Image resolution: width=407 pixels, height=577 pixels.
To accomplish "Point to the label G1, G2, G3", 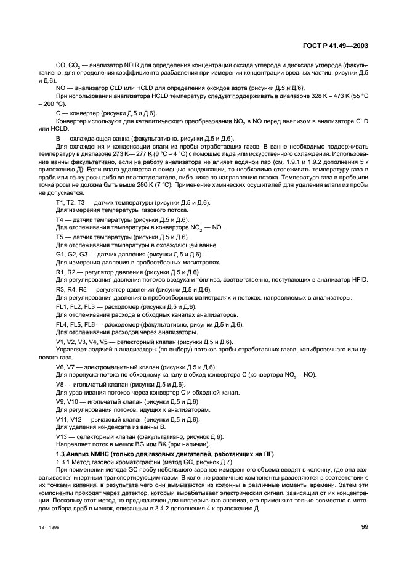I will pyautogui.click(x=70, y=255).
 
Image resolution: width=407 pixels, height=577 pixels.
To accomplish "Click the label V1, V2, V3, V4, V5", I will pyautogui.click(x=80, y=342).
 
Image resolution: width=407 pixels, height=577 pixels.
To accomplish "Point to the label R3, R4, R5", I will pyautogui.click(x=70, y=289).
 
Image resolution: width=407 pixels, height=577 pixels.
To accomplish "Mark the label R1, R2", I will pyautogui.click(x=65, y=272).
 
